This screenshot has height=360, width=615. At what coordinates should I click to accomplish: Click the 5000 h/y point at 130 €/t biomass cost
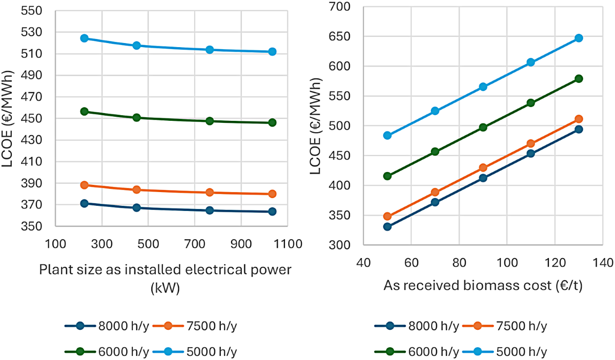pos(579,38)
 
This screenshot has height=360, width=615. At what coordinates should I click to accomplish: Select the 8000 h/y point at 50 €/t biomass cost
pos(387,226)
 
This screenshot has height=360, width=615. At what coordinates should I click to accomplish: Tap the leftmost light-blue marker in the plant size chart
pos(85,38)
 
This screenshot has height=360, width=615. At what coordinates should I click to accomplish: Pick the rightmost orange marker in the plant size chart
pos(272,194)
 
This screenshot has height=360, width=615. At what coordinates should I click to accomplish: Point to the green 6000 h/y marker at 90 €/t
pos(483,128)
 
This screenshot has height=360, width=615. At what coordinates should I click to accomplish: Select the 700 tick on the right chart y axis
pos(342,7)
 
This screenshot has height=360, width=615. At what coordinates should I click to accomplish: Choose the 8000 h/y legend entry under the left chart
pos(107,326)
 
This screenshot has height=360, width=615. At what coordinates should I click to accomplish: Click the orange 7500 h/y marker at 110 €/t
pos(530,144)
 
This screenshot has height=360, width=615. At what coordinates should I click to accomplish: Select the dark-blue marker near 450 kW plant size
pos(137,208)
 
